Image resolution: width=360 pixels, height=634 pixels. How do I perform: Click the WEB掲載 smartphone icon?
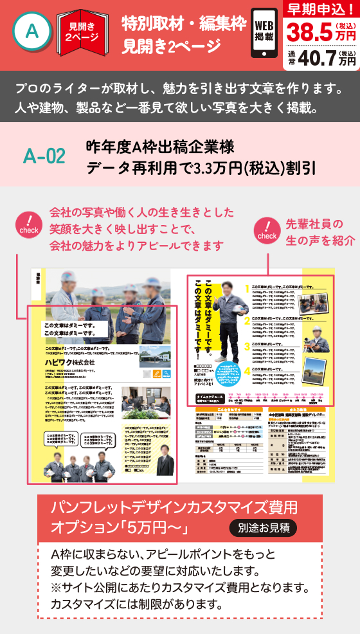click(264, 31)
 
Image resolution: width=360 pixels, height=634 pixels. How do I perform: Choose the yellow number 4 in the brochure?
click(247, 370)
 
